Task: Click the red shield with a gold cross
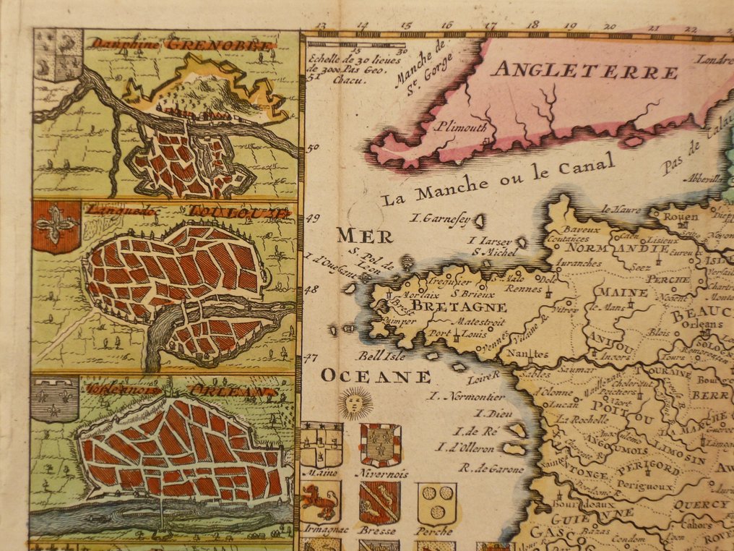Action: coord(56,226)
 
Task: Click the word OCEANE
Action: coord(376,376)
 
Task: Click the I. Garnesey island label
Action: coord(441,217)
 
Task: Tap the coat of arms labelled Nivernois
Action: coord(380,443)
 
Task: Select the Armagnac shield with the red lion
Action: coord(321,502)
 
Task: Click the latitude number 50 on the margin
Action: coord(313,149)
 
